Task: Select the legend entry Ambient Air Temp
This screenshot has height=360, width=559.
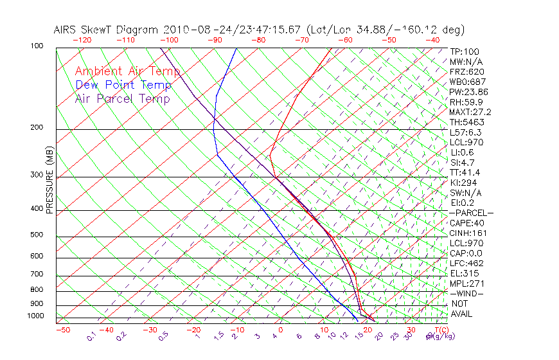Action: [127, 71]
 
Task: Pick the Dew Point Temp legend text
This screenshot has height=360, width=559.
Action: [123, 85]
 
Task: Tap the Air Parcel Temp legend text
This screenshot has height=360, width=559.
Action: [122, 98]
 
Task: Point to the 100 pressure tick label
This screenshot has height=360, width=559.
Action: [37, 46]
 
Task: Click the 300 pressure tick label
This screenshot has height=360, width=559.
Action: [37, 175]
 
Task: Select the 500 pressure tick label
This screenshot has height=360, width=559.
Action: [37, 235]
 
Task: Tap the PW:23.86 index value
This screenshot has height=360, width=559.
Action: [468, 92]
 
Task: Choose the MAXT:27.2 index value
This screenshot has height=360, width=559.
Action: [470, 112]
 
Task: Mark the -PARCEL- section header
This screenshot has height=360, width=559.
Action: [471, 213]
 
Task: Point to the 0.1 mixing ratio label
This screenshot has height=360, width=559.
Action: [92, 337]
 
